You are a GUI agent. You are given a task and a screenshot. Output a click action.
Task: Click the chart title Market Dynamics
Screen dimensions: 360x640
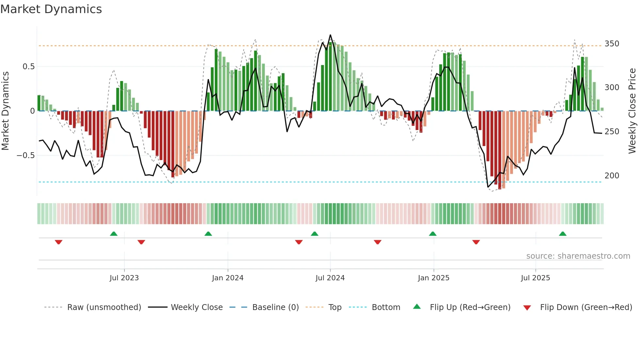pyautogui.click(x=51, y=9)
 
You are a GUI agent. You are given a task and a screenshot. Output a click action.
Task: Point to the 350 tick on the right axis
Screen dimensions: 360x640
pyautogui.click(x=612, y=44)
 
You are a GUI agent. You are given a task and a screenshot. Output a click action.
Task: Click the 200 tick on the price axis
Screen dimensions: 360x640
pyautogui.click(x=612, y=176)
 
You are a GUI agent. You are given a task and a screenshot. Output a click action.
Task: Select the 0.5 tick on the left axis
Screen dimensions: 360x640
pyautogui.click(x=28, y=67)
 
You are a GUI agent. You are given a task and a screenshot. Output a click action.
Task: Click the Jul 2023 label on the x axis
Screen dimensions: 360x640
pyautogui.click(x=124, y=278)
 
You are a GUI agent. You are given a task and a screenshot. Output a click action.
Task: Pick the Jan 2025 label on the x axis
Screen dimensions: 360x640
pyautogui.click(x=433, y=278)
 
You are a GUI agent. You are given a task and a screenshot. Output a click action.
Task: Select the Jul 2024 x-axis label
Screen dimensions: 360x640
pyautogui.click(x=330, y=278)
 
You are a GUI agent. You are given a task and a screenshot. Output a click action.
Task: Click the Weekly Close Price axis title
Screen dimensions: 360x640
pyautogui.click(x=632, y=111)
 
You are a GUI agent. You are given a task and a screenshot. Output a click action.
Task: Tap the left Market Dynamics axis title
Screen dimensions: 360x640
pyautogui.click(x=5, y=111)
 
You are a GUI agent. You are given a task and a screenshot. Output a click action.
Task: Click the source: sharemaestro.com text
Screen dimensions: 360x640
pyautogui.click(x=578, y=256)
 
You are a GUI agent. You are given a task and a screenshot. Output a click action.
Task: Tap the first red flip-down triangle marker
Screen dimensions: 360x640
pyautogui.click(x=58, y=242)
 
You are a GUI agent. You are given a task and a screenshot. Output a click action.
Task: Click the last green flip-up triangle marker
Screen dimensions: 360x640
pyautogui.click(x=562, y=234)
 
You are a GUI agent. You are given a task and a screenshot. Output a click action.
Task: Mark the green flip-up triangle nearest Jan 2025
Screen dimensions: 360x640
pyautogui.click(x=432, y=234)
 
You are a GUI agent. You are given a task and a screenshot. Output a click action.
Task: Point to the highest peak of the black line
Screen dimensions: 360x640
pyautogui.click(x=330, y=35)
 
